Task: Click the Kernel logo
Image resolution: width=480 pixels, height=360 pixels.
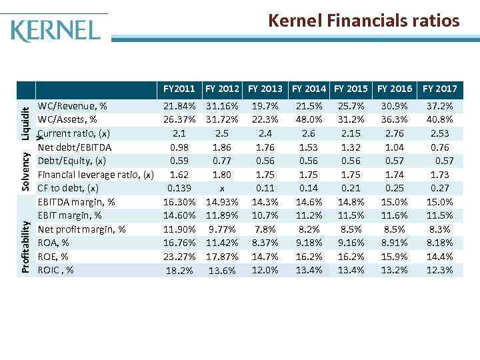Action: tap(56, 31)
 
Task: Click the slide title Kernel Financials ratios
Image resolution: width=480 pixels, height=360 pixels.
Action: tap(363, 21)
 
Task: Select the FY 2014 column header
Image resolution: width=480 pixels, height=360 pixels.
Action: tap(309, 89)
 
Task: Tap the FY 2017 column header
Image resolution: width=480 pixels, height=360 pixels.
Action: tap(439, 89)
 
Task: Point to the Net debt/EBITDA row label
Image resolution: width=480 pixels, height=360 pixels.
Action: tap(75, 147)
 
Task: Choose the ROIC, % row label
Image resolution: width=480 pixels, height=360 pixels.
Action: tap(56, 270)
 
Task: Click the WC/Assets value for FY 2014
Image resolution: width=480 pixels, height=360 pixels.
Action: tap(309, 120)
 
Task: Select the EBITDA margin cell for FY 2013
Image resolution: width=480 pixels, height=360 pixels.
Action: tap(265, 202)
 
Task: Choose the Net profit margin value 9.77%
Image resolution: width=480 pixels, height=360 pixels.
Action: tap(221, 229)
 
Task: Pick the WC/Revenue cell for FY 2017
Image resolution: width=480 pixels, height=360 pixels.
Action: tap(439, 107)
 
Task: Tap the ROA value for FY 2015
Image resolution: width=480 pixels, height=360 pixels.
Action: tap(351, 243)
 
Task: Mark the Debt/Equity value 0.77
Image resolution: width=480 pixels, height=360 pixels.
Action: tap(221, 161)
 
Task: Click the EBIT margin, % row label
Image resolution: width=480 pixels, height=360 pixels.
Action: tap(70, 216)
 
